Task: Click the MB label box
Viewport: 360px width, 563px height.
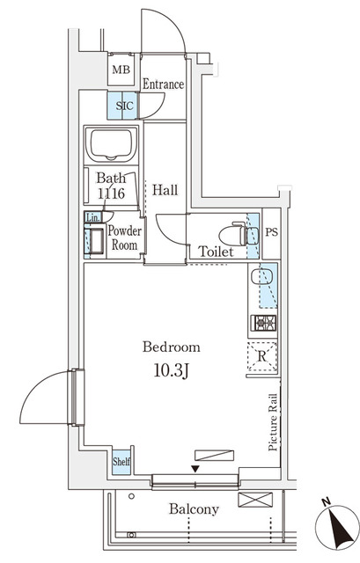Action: point(121,70)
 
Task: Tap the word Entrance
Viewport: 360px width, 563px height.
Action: point(163,84)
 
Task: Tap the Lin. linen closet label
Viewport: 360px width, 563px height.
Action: point(92,217)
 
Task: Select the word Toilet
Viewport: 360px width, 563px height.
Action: point(215,252)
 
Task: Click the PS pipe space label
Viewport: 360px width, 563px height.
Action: point(272,233)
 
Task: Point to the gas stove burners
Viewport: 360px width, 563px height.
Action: point(264,323)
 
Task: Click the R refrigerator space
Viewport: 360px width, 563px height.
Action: point(263,356)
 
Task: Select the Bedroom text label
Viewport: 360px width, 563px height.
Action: point(172,347)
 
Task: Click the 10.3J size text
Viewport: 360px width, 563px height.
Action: point(172,372)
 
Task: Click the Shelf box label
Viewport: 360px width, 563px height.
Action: point(121,461)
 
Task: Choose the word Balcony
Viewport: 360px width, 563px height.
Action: point(193,509)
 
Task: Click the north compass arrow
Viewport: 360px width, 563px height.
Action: point(336,527)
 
